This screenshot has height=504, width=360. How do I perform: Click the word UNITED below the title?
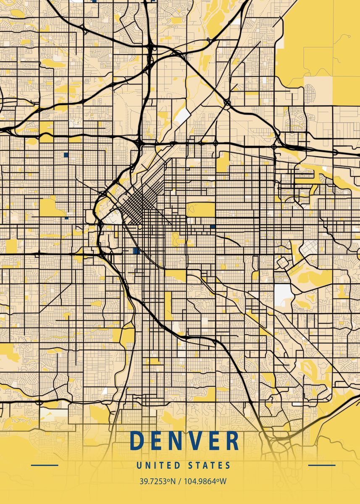[158, 465]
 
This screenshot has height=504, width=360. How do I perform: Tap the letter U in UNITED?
[139, 465]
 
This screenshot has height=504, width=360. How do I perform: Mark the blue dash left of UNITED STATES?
[45, 465]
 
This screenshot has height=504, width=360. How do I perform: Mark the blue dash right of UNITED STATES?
[322, 465]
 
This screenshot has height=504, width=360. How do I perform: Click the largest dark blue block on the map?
[135, 251]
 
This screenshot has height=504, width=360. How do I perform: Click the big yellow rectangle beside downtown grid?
[200, 209]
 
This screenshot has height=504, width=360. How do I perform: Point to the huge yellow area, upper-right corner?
[323, 38]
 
